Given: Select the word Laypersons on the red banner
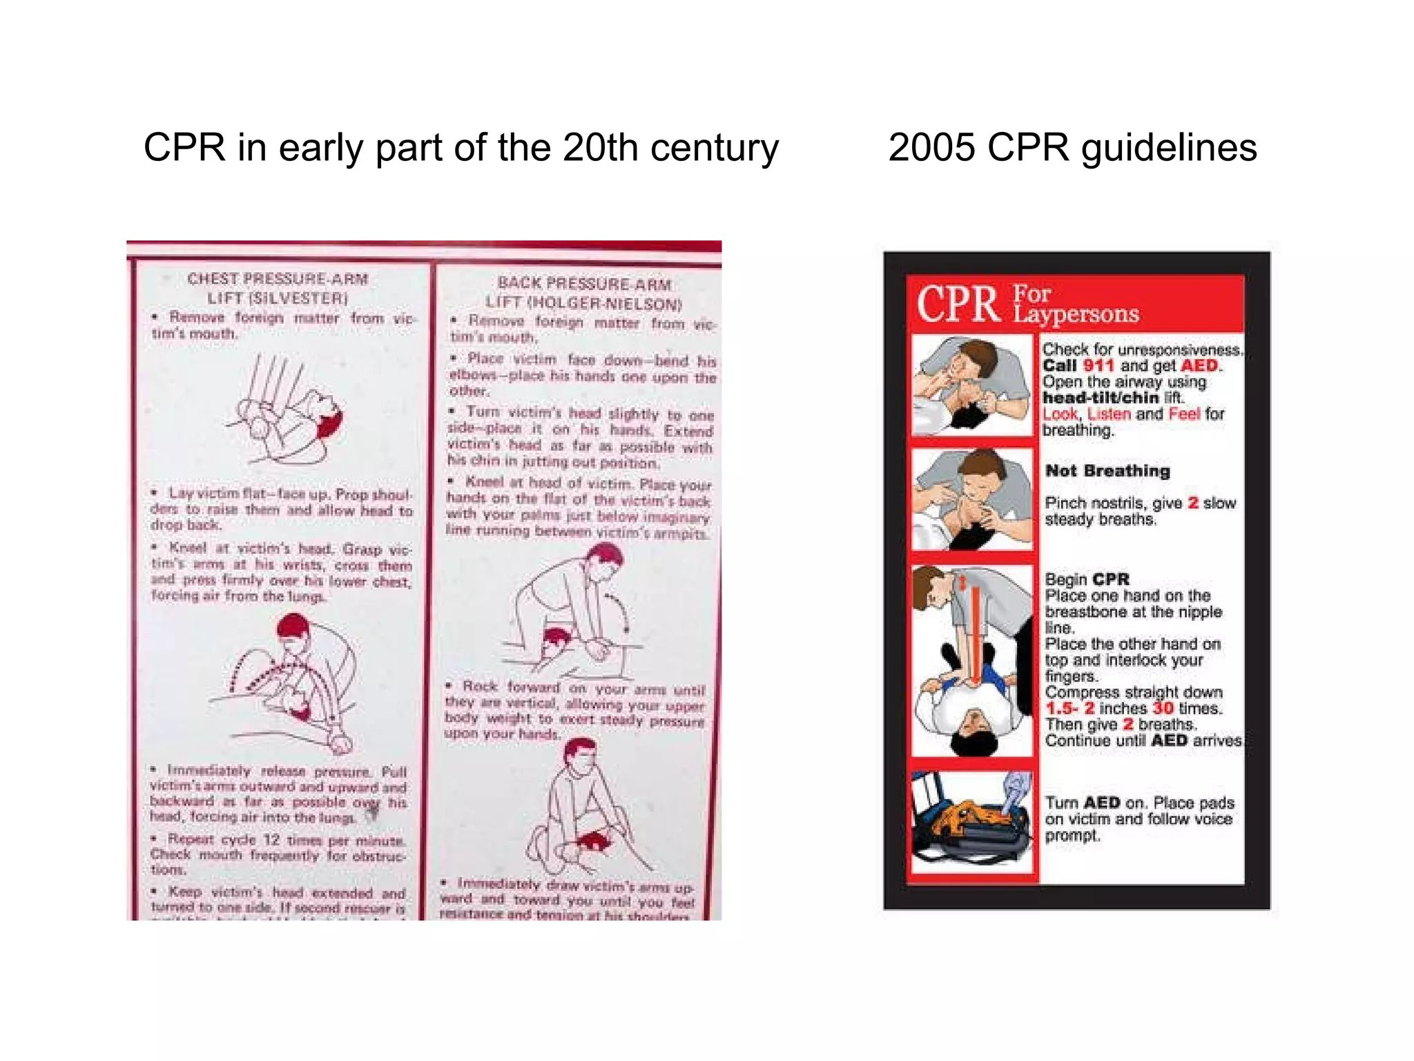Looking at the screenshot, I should (x=1076, y=314).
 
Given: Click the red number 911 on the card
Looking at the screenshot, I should (x=1098, y=365).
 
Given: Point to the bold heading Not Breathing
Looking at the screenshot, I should (x=1107, y=471).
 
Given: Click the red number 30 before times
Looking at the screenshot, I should (x=1163, y=708).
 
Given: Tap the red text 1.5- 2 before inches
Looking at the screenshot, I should (x=1069, y=708).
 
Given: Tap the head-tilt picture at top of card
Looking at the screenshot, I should (x=972, y=385).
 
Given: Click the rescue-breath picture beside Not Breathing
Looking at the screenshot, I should (x=972, y=499).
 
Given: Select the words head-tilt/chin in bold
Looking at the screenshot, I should (x=1101, y=398).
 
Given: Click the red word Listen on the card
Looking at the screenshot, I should (x=1109, y=414).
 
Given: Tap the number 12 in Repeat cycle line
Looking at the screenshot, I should (x=271, y=840).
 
